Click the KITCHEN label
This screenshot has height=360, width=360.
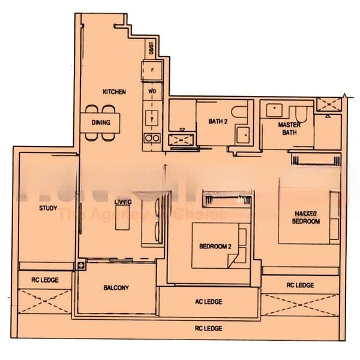[114, 92]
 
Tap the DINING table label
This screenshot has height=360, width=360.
[100, 122]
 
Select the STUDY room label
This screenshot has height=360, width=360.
[47, 208]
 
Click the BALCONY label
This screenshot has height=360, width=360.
[116, 288]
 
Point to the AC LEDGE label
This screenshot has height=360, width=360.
[209, 301]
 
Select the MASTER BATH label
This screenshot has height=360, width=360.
[289, 128]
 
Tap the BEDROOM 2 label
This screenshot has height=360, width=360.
[215, 247]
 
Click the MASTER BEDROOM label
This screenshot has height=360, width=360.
[305, 217]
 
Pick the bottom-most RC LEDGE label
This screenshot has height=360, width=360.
[208, 328]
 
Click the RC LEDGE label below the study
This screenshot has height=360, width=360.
[45, 280]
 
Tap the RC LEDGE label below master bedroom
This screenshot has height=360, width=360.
[300, 286]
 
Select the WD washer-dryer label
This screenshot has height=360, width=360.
[152, 92]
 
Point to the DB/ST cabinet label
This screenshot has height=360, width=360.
[151, 47]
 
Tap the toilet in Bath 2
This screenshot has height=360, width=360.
[241, 112]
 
